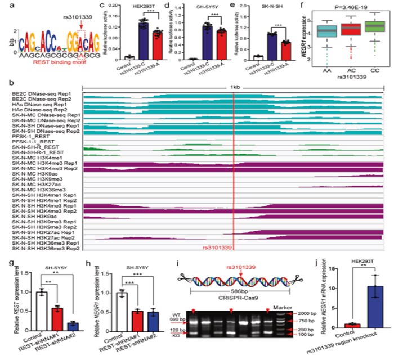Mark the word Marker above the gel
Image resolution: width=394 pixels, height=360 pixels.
(288, 307)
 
